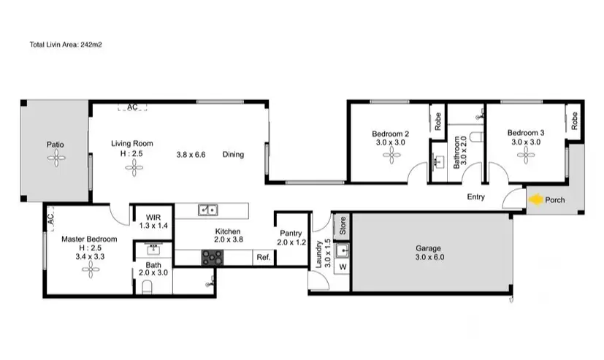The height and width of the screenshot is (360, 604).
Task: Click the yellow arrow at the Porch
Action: (x=535, y=199)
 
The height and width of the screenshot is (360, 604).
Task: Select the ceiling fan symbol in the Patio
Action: (x=56, y=161)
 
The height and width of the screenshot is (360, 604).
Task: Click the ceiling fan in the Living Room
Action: (x=134, y=169)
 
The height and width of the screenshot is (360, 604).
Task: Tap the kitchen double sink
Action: (x=207, y=211)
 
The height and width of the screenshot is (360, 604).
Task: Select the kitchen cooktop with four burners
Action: (x=213, y=257)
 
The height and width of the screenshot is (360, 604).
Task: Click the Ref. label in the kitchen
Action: (x=263, y=258)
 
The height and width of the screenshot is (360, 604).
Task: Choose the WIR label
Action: (x=153, y=218)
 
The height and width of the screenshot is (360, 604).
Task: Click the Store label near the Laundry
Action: (x=340, y=225)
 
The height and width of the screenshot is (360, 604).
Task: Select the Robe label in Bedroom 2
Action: (x=437, y=121)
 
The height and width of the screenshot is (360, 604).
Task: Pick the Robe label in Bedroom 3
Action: (x=575, y=121)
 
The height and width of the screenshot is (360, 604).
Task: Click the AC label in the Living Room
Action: (x=132, y=107)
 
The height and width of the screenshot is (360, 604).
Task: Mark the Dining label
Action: (x=233, y=155)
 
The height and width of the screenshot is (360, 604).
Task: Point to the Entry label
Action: (x=475, y=197)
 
